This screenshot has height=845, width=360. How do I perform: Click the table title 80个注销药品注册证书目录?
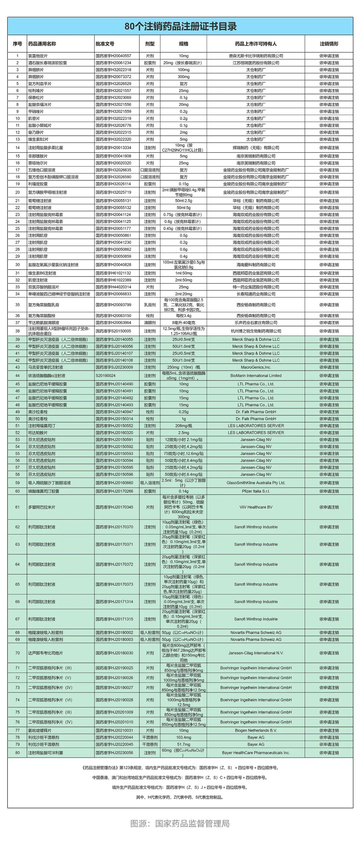coord(180,26)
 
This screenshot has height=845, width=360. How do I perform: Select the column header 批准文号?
coord(105,44)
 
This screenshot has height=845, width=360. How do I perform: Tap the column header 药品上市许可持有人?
coord(256,44)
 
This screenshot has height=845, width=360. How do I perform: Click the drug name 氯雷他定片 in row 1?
coord(38,56)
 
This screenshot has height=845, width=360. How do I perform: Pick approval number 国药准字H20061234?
coord(113,63)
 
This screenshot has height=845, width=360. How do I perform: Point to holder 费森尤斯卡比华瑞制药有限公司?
coord(256,56)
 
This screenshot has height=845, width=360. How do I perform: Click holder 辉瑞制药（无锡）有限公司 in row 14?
coord(256,148)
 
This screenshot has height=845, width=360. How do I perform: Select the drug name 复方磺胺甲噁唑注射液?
coord(47,192)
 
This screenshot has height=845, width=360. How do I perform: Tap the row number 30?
coord(17,265)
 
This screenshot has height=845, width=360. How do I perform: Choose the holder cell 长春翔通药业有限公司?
coord(256,294)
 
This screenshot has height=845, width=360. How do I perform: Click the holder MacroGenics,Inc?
coord(256,367)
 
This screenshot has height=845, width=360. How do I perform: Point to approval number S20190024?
coord(106,376)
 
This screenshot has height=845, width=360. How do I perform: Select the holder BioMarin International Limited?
coord(256,376)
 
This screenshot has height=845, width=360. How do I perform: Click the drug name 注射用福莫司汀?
coord(42,426)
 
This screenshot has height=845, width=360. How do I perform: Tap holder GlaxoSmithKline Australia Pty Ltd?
coord(256,483)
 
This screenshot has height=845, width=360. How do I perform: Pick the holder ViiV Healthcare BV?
coord(256,507)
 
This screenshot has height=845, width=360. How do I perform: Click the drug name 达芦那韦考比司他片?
coord(45,653)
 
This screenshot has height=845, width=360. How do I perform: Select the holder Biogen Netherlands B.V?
coord(256,730)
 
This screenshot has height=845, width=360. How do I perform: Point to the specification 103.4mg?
coord(183,737)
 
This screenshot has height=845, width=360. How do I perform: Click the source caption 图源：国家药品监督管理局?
coord(180,823)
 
